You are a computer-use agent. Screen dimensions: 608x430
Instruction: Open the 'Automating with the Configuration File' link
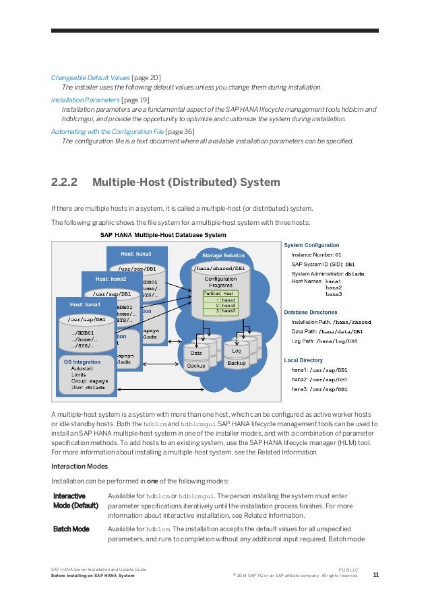click(x=107, y=131)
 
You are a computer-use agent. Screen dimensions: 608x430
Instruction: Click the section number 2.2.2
click(x=65, y=182)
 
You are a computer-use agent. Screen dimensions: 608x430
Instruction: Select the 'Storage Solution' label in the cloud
click(x=224, y=256)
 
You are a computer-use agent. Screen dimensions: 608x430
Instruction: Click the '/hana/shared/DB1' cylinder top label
click(x=220, y=269)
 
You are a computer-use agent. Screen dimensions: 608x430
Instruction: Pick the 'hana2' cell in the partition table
click(x=228, y=305)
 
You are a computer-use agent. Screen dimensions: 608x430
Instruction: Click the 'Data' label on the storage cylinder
click(x=196, y=352)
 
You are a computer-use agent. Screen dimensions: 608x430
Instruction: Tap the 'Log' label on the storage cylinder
click(x=237, y=351)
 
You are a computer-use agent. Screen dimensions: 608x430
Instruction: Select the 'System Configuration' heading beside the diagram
click(x=311, y=245)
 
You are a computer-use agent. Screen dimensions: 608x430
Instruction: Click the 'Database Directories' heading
click(x=311, y=312)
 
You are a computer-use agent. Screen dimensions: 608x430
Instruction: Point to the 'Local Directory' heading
click(x=303, y=360)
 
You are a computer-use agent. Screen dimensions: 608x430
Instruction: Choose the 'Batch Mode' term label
click(x=71, y=529)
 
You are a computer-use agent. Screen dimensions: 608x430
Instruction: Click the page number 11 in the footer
click(x=375, y=574)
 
